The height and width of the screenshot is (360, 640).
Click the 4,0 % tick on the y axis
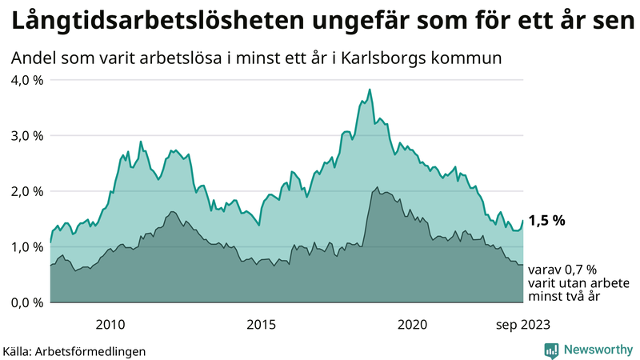click(26, 80)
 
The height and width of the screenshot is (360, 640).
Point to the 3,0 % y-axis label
click(26, 135)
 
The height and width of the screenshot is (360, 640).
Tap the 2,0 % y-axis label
click(26, 191)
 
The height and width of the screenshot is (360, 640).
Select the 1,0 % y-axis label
click(26, 246)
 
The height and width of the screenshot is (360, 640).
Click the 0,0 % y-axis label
click(26, 302)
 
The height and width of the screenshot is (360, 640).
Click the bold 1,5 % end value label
click(547, 221)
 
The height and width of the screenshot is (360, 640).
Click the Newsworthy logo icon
click(551, 349)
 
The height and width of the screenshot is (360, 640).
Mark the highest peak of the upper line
click(370, 90)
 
